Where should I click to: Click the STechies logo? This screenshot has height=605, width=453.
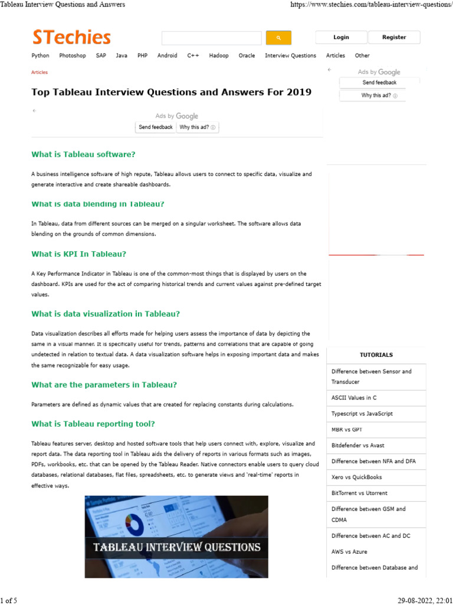[x=71, y=38]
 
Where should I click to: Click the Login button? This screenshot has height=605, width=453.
[x=341, y=37]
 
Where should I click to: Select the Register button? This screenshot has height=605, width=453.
[x=394, y=37]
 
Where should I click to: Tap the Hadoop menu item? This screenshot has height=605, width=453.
[x=219, y=56]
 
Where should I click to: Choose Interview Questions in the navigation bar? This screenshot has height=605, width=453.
[x=290, y=56]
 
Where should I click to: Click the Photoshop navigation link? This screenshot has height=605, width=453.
[x=73, y=56]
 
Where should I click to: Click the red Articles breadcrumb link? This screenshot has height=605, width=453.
[x=40, y=72]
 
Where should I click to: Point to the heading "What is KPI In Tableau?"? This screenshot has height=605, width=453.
[x=79, y=254]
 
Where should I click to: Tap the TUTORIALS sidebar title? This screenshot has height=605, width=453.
[x=376, y=355]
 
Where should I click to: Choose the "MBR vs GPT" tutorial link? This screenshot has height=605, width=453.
[x=347, y=430]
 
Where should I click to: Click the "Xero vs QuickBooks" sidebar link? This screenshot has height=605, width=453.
[x=356, y=477]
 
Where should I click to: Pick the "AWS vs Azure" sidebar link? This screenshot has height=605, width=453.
[x=349, y=551]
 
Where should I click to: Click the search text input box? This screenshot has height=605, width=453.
[x=212, y=38]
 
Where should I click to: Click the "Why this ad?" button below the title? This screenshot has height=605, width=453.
[x=197, y=127]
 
